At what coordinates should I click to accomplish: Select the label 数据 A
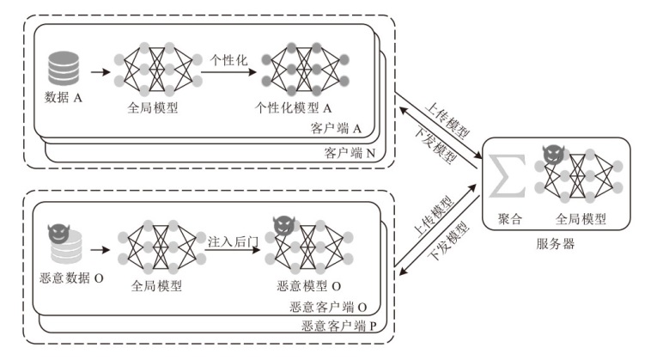63,98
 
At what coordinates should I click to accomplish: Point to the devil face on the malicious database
58,230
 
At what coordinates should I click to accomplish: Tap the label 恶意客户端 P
342,326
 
